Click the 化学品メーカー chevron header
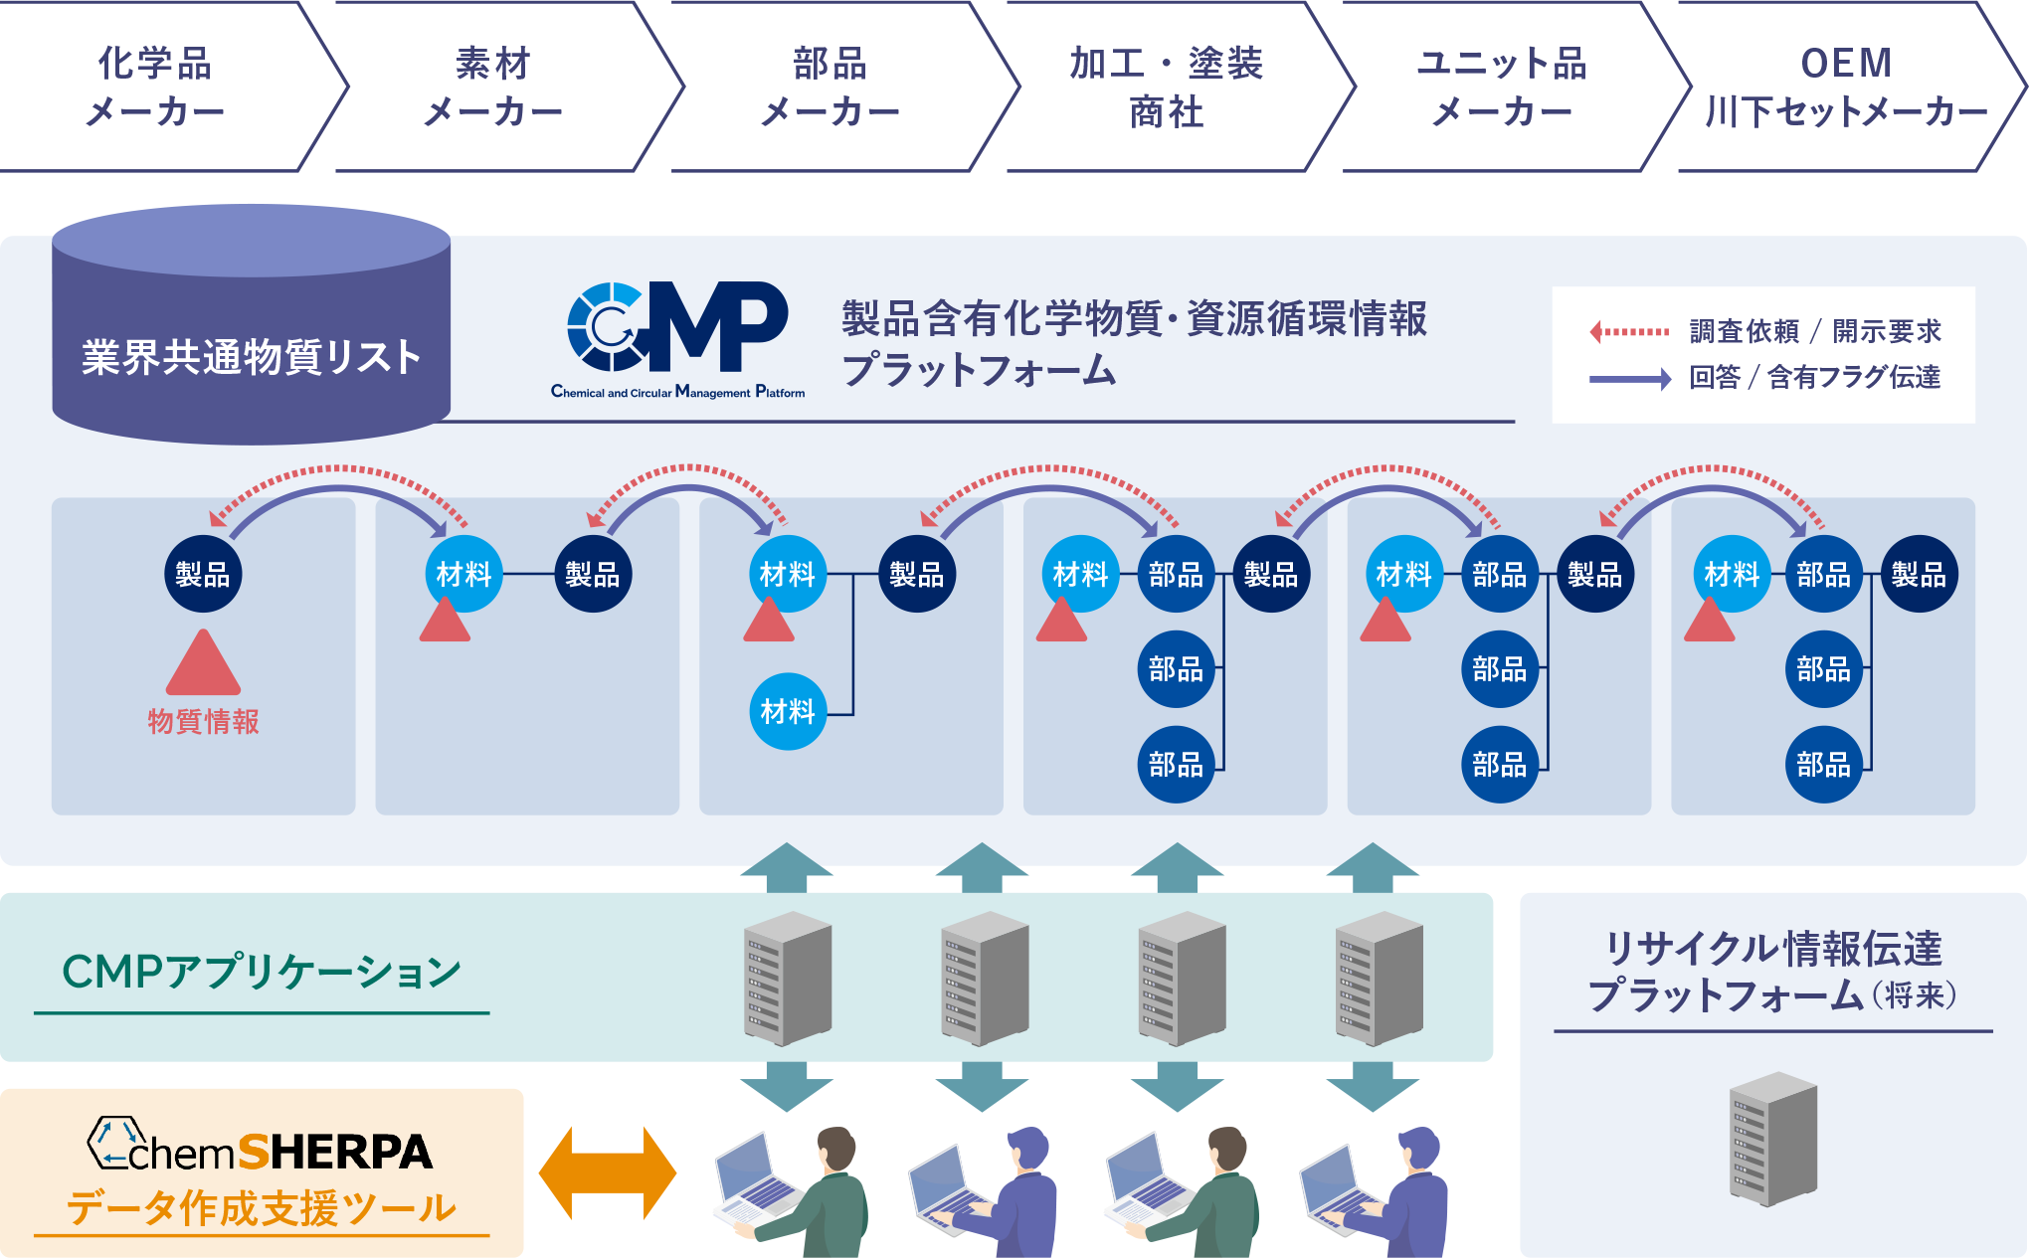coord(155,87)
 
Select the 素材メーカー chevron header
coord(493,87)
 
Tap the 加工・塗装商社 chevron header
coord(1166,87)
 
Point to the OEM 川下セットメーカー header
coord(1846,87)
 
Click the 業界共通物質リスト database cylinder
coord(251,328)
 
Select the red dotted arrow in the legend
coord(1629,331)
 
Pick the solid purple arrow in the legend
coord(1629,379)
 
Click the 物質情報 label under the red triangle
coord(203,721)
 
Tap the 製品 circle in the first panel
coord(203,574)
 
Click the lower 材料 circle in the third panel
coord(788,711)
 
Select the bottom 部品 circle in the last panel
coord(1823,764)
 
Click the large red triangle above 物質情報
coord(203,664)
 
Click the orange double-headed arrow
coord(608,1173)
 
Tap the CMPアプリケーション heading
coord(261,972)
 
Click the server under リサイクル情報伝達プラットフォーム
coord(1773,1139)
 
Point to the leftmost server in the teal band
coord(788,979)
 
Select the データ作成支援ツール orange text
coord(261,1208)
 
